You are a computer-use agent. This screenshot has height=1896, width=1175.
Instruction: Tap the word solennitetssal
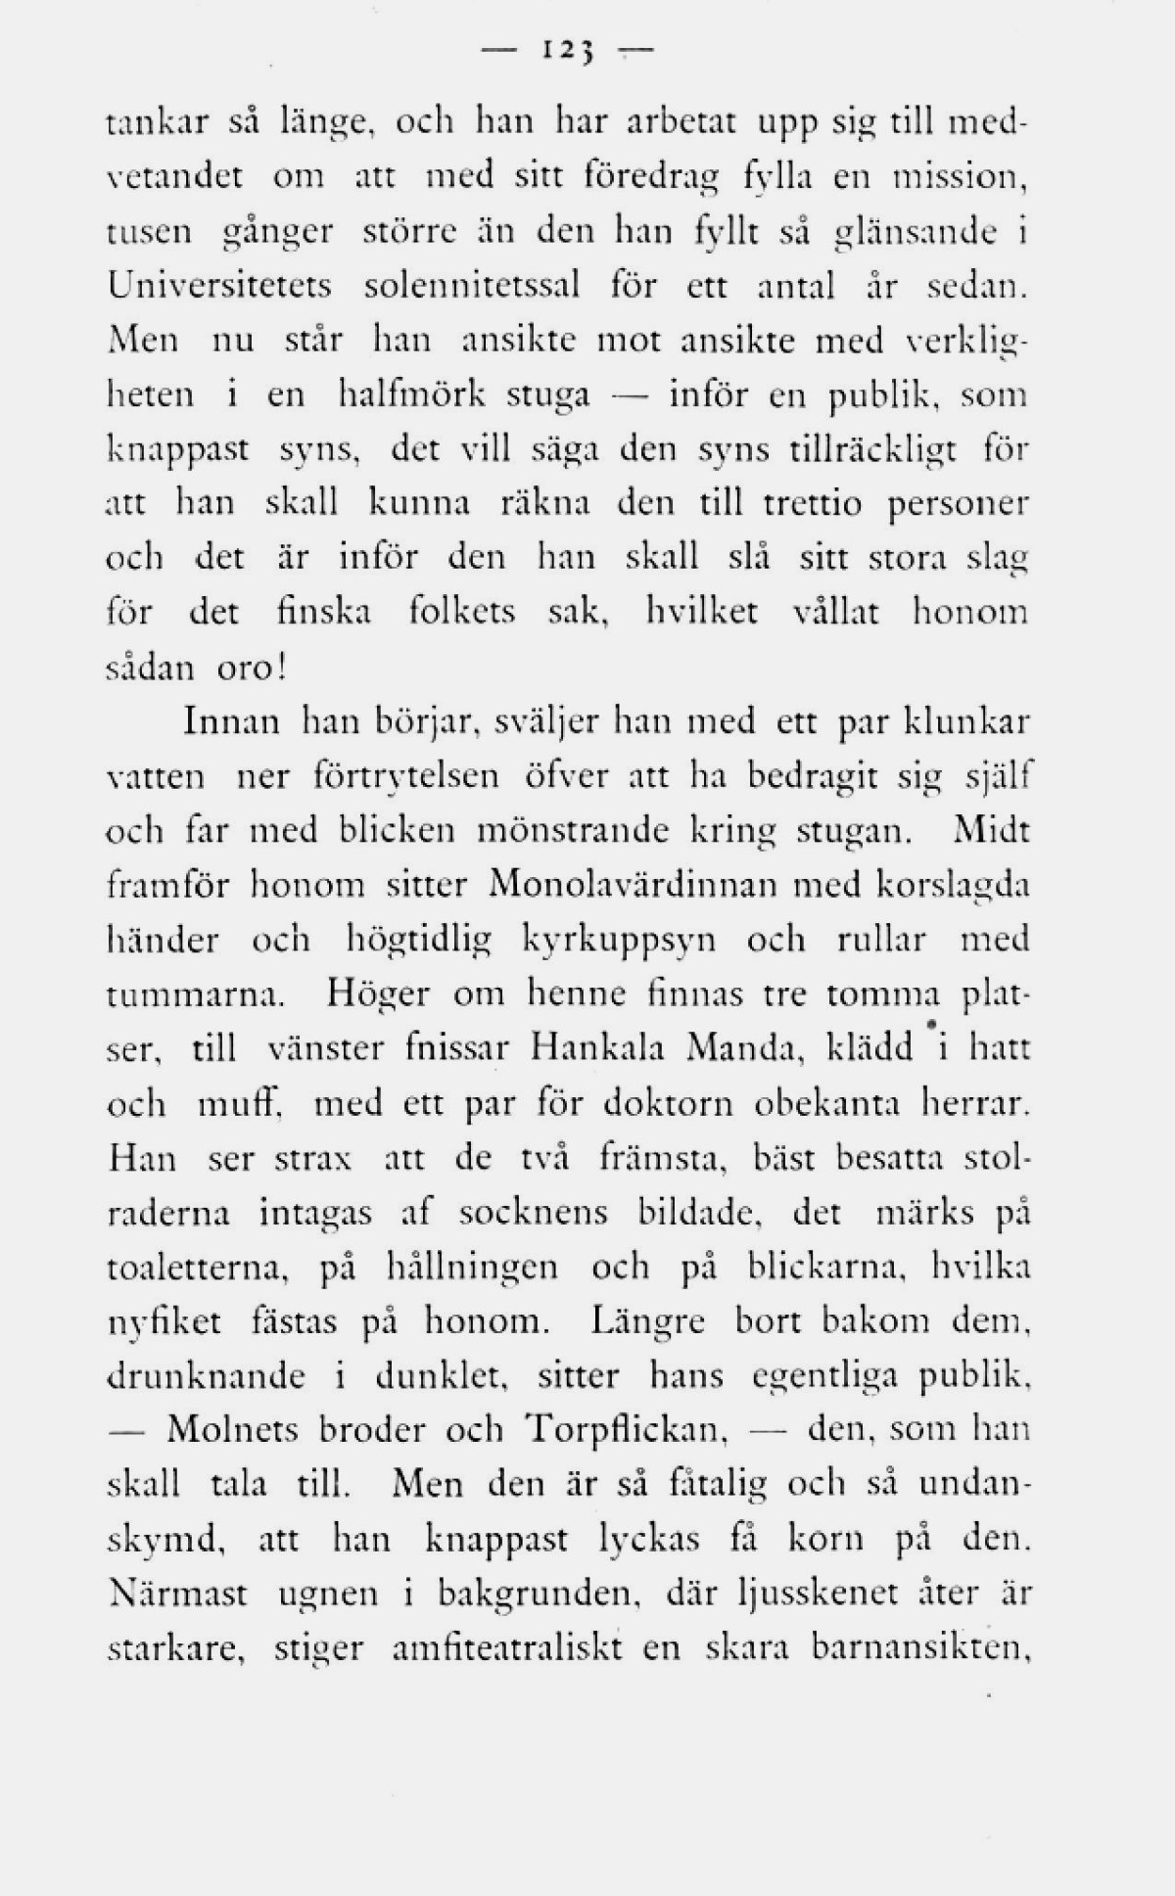pos(472,287)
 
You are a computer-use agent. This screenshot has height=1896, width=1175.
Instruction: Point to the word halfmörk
pos(412,395)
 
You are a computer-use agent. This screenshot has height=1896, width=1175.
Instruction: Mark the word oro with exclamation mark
pos(251,669)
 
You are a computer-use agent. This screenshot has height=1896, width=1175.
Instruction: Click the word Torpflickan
pos(625,1431)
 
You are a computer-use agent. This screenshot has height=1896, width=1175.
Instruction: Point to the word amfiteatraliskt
pos(506,1649)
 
